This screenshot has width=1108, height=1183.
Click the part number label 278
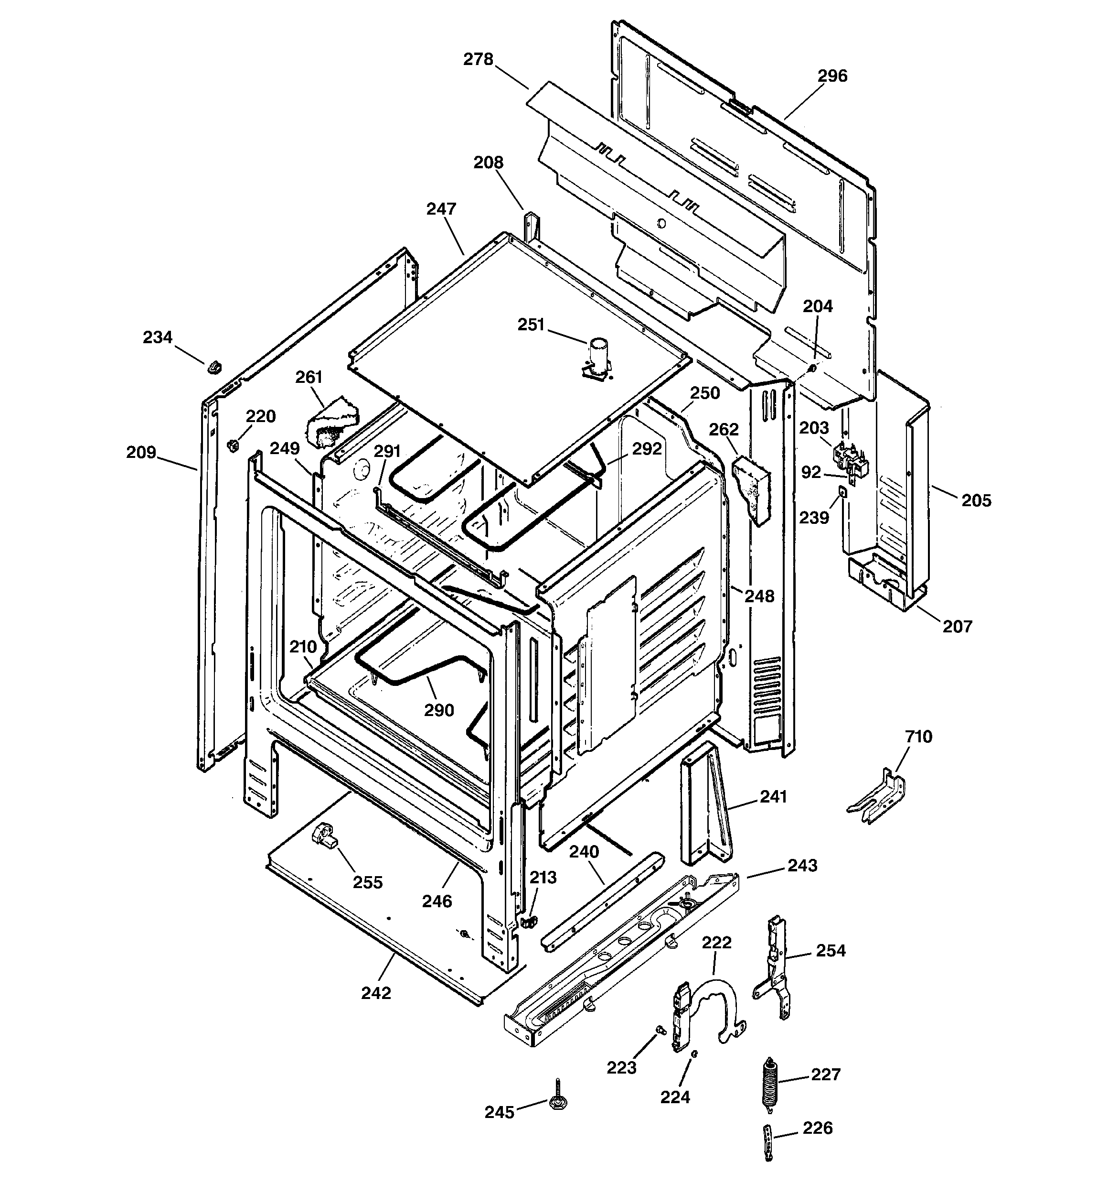point(479,59)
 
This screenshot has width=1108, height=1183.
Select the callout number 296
point(832,76)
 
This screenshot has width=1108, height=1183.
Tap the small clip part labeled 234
point(214,367)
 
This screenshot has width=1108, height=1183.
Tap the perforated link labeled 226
point(768,1142)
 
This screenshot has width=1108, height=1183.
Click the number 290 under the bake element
point(439,710)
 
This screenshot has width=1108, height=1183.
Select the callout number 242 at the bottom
point(376,993)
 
